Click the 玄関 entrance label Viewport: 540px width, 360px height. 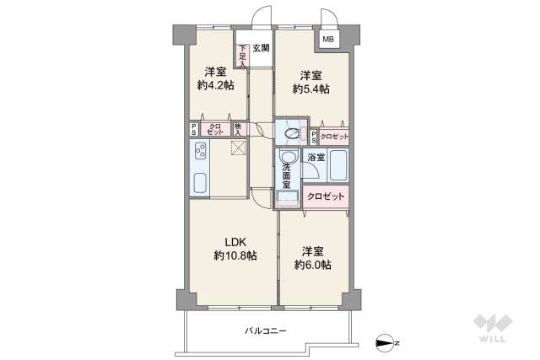pos(261,47)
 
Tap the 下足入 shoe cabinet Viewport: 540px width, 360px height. pos(242,55)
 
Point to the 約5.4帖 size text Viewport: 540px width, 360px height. pos(310,88)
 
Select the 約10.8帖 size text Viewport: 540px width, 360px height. pos(235,255)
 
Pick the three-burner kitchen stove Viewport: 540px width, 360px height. pos(202,153)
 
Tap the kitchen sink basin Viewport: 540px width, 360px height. pos(201,184)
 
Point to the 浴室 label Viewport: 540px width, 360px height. pos(315,158)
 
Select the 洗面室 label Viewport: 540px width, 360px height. pos(287,175)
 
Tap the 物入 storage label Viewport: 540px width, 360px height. pos(238,130)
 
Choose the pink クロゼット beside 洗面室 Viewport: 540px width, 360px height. pos(326,196)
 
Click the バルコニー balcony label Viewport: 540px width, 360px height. pos(266,330)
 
